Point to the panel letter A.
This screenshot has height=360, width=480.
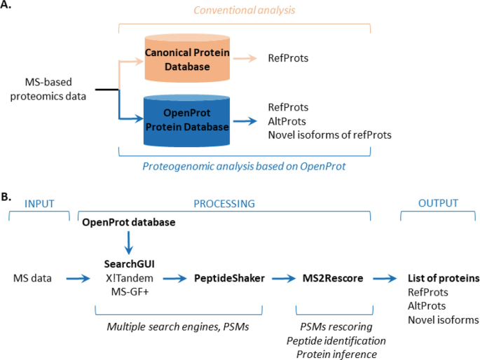(9, 8)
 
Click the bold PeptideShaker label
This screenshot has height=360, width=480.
(231, 278)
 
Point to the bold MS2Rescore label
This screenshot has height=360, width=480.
(333, 278)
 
